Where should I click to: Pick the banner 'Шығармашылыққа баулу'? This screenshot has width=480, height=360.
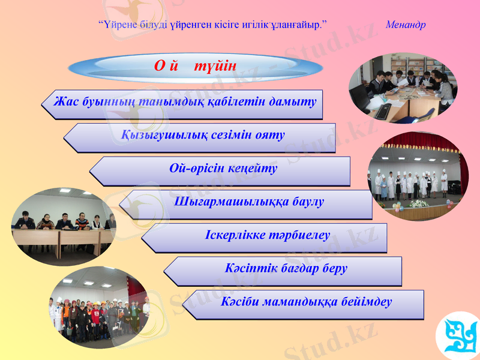coord(248,202)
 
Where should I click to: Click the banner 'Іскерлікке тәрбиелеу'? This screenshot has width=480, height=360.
coord(267,235)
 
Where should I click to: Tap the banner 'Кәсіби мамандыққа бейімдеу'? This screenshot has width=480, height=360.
coord(305,302)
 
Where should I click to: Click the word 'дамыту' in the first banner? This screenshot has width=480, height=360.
coord(296,102)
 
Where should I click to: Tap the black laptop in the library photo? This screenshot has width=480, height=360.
coord(360,96)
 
